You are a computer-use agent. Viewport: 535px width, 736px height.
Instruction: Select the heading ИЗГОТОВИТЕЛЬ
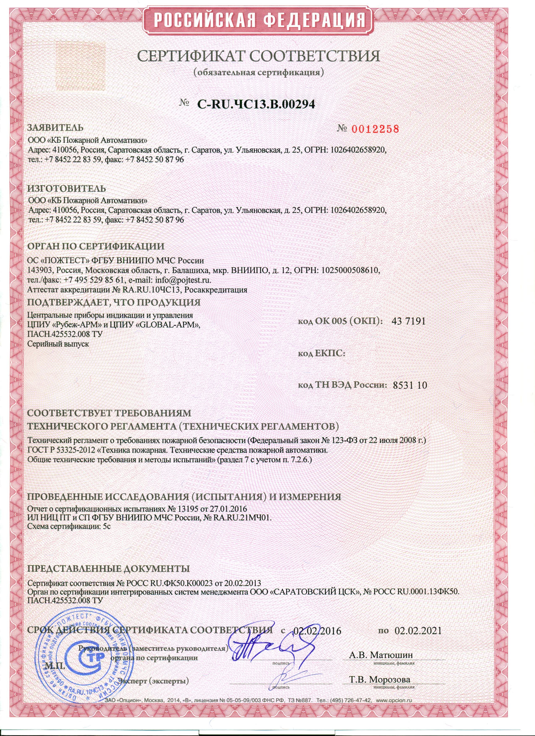click(67, 189)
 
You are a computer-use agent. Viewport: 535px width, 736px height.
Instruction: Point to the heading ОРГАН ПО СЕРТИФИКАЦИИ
click(96, 246)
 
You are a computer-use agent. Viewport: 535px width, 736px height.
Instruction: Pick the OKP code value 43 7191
click(408, 321)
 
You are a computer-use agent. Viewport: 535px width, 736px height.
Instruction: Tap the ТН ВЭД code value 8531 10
click(410, 385)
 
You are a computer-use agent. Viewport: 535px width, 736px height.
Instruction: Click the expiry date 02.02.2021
click(418, 631)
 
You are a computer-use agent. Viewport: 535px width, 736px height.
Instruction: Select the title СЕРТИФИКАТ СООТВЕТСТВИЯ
click(258, 56)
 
